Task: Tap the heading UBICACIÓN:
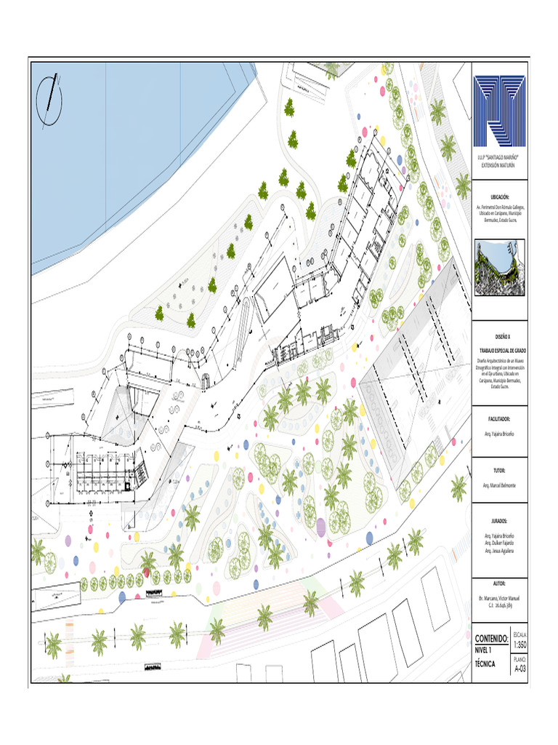coord(499,197)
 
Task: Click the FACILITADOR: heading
coord(499,419)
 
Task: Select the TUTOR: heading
coord(499,471)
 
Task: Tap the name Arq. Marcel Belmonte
coord(499,485)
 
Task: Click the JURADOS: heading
coord(499,522)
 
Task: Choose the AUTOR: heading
coord(499,583)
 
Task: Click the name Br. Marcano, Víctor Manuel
coord(499,597)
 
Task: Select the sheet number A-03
coord(519,669)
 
